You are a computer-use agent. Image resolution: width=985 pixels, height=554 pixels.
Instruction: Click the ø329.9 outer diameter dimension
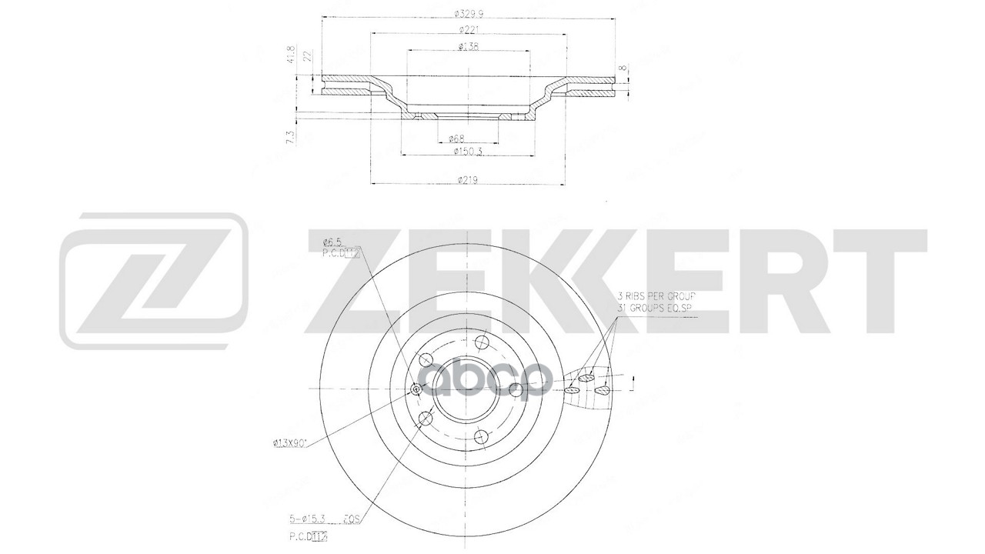coord(468,13)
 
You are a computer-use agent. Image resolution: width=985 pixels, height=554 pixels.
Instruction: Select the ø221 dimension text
coord(468,30)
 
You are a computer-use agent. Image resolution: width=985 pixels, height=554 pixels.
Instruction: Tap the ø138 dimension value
coord(468,47)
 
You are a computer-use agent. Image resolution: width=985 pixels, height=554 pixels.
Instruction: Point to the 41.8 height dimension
coord(291,56)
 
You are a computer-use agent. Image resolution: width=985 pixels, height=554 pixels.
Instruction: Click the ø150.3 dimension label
coord(468,152)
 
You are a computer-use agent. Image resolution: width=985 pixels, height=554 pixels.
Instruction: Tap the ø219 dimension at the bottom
coord(468,180)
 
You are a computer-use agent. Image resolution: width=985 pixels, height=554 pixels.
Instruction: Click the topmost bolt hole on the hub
coord(482,342)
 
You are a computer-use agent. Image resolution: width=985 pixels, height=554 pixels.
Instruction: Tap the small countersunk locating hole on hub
coord(416,390)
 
